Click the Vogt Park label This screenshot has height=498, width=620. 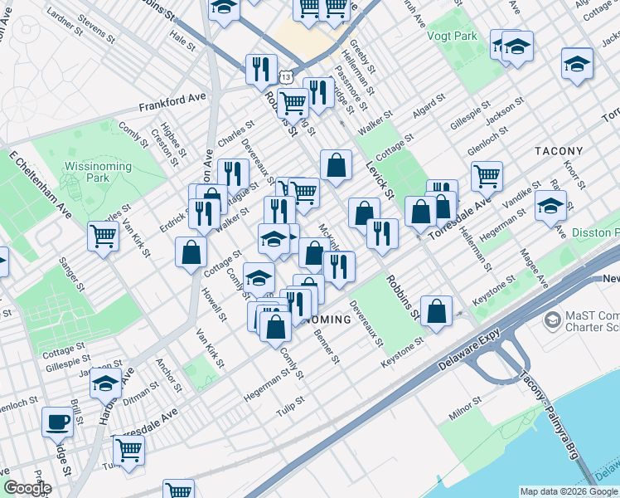pyautogui.click(x=452, y=37)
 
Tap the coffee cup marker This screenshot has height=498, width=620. pyautogui.click(x=57, y=422)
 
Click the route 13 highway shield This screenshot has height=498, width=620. pyautogui.click(x=286, y=76)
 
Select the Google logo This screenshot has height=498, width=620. pyautogui.click(x=27, y=488)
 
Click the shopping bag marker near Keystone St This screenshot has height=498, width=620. pyautogui.click(x=437, y=311)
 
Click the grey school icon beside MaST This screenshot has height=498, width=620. pyautogui.click(x=552, y=320)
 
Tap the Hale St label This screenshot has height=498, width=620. pyautogui.click(x=180, y=36)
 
